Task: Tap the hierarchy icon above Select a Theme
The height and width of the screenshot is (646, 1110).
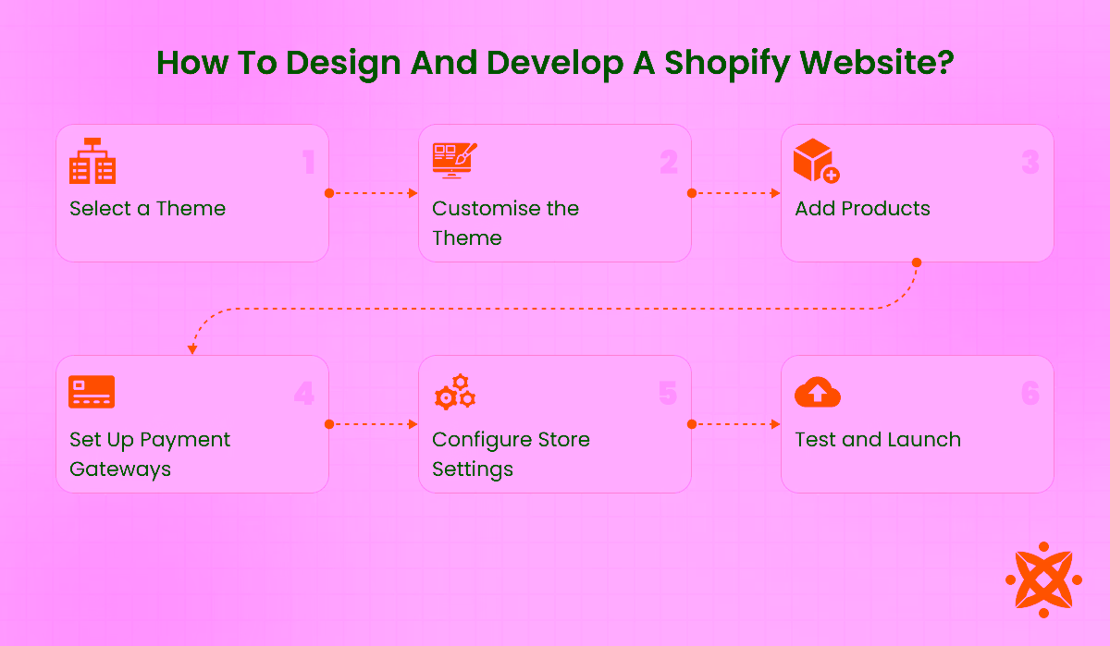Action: pos(92,162)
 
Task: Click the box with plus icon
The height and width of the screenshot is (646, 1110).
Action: pos(816,162)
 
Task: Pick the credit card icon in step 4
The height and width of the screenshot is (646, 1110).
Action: pos(92,392)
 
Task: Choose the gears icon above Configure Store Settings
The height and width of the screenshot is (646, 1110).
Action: pos(454,392)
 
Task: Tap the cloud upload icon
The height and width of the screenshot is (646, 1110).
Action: pos(818,392)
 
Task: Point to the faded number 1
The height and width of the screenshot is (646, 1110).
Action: pos(309,164)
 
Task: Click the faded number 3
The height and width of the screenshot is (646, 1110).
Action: pos(1030,164)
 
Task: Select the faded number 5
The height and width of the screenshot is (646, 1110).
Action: pos(668,394)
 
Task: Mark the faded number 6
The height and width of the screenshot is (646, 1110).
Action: pos(1030,394)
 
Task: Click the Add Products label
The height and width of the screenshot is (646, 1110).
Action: pos(862,209)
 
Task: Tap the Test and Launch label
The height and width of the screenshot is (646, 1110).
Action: pos(877,440)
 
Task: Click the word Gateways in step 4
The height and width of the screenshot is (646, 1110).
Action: pos(120,469)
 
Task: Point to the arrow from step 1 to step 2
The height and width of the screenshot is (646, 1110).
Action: pos(374,193)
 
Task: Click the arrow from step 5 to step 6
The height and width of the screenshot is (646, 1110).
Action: pos(736,424)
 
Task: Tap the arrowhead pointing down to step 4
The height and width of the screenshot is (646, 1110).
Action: pos(192,349)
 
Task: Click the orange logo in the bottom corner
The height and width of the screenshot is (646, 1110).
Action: pos(1043,579)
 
